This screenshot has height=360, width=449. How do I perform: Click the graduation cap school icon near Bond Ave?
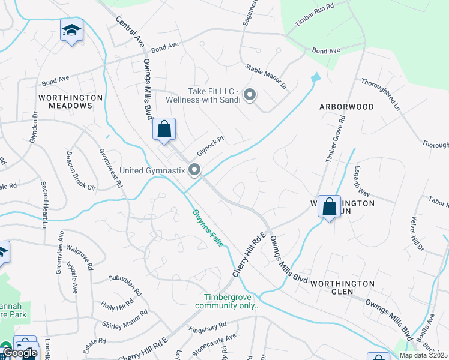coord(71,31)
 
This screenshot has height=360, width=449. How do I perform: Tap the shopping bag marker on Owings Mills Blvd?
coord(164,128)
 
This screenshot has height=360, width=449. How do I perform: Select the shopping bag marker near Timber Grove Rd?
coord(329,207)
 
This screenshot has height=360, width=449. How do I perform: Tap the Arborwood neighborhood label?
coord(346,107)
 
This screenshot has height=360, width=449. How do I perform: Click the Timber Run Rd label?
coord(313,17)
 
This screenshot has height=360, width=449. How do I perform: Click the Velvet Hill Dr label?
coord(417,234)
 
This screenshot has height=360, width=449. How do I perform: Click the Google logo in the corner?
coord(20,353)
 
